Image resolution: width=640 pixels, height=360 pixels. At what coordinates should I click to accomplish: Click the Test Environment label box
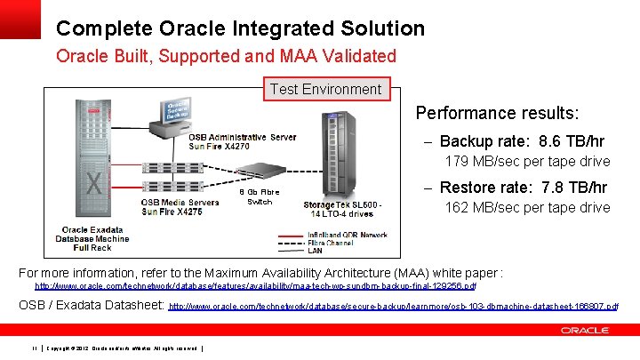pyautogui.click(x=325, y=89)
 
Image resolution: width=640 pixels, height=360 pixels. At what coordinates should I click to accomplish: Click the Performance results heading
pyautogui.click(x=498, y=113)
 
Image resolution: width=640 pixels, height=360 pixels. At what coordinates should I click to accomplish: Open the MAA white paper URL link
pyautogui.click(x=256, y=286)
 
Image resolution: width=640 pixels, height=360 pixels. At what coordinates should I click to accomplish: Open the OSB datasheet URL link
pyautogui.click(x=393, y=306)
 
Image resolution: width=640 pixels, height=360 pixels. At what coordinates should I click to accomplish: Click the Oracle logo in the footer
pyautogui.click(x=585, y=331)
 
